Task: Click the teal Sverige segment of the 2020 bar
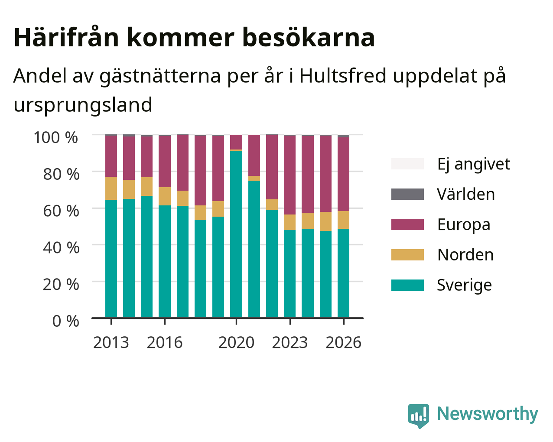click(236, 234)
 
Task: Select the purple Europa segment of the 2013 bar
click(111, 156)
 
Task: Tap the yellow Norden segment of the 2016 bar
click(164, 196)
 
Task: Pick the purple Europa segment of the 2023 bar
click(290, 175)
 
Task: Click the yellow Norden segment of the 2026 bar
click(343, 220)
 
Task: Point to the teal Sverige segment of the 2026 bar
click(343, 273)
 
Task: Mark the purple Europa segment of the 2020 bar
click(236, 142)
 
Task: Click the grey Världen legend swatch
click(407, 194)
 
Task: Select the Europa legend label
click(464, 224)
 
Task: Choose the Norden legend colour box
click(407, 255)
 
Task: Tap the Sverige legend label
click(464, 285)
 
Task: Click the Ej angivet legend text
click(474, 164)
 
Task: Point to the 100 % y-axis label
click(55, 137)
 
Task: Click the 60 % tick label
click(61, 211)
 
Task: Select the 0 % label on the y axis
click(65, 321)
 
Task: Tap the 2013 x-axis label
click(111, 342)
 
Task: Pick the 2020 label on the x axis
click(236, 342)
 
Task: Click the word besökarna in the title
click(309, 38)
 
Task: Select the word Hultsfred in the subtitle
click(343, 76)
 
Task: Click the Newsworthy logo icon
click(418, 414)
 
